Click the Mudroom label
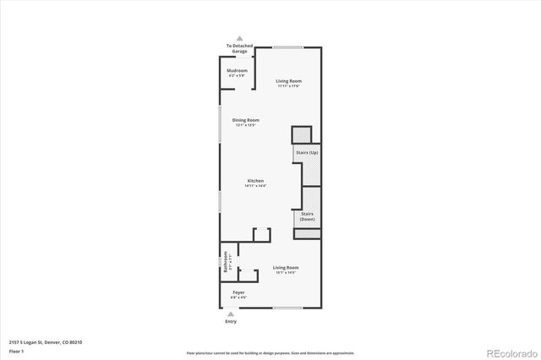point(238,71)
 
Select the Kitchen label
point(256,181)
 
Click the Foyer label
point(238,292)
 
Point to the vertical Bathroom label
point(226,263)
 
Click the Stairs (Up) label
point(307,152)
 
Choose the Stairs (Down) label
point(307,215)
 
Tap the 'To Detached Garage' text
point(238,49)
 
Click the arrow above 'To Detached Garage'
point(239,39)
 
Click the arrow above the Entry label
point(232,314)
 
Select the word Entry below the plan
point(232,322)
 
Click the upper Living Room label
point(288,81)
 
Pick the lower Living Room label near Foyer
point(285,269)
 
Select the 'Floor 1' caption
point(16,351)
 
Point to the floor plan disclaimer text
point(270,352)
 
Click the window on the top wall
point(288,47)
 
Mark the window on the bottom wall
point(287,308)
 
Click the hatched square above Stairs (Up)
point(302,135)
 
